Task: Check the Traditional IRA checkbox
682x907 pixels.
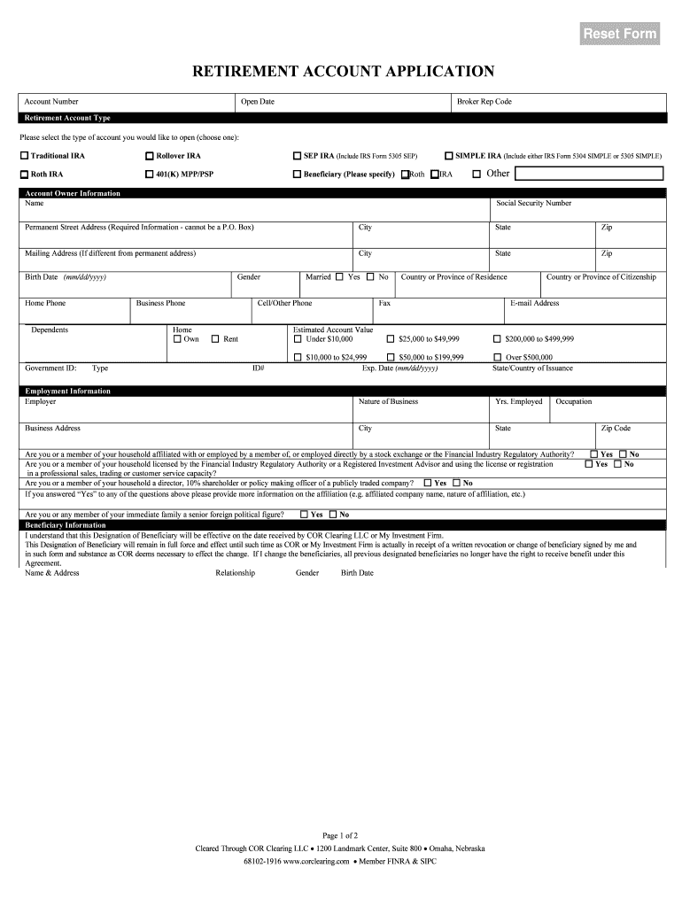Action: [x=25, y=156]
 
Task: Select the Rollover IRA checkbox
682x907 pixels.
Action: [x=150, y=156]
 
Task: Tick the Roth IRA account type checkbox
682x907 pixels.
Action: [x=25, y=174]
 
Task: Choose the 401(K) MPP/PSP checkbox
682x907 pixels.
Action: [x=150, y=174]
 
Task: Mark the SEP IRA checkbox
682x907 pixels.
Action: [x=298, y=156]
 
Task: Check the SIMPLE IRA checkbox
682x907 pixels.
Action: [x=449, y=156]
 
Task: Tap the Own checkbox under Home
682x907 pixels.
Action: [x=177, y=338]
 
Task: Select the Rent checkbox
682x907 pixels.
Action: [x=215, y=338]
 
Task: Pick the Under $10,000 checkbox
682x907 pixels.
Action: [x=298, y=338]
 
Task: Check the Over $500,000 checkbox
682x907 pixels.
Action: [x=497, y=357]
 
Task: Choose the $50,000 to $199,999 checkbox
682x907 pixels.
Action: [x=391, y=357]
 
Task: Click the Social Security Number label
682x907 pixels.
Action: [x=533, y=204]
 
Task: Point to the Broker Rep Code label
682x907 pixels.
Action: [x=484, y=102]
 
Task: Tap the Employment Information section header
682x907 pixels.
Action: [x=68, y=391]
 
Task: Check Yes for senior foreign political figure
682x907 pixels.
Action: [x=304, y=515]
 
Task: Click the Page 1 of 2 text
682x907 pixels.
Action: [x=340, y=835]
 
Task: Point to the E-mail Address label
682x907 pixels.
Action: [x=535, y=303]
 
